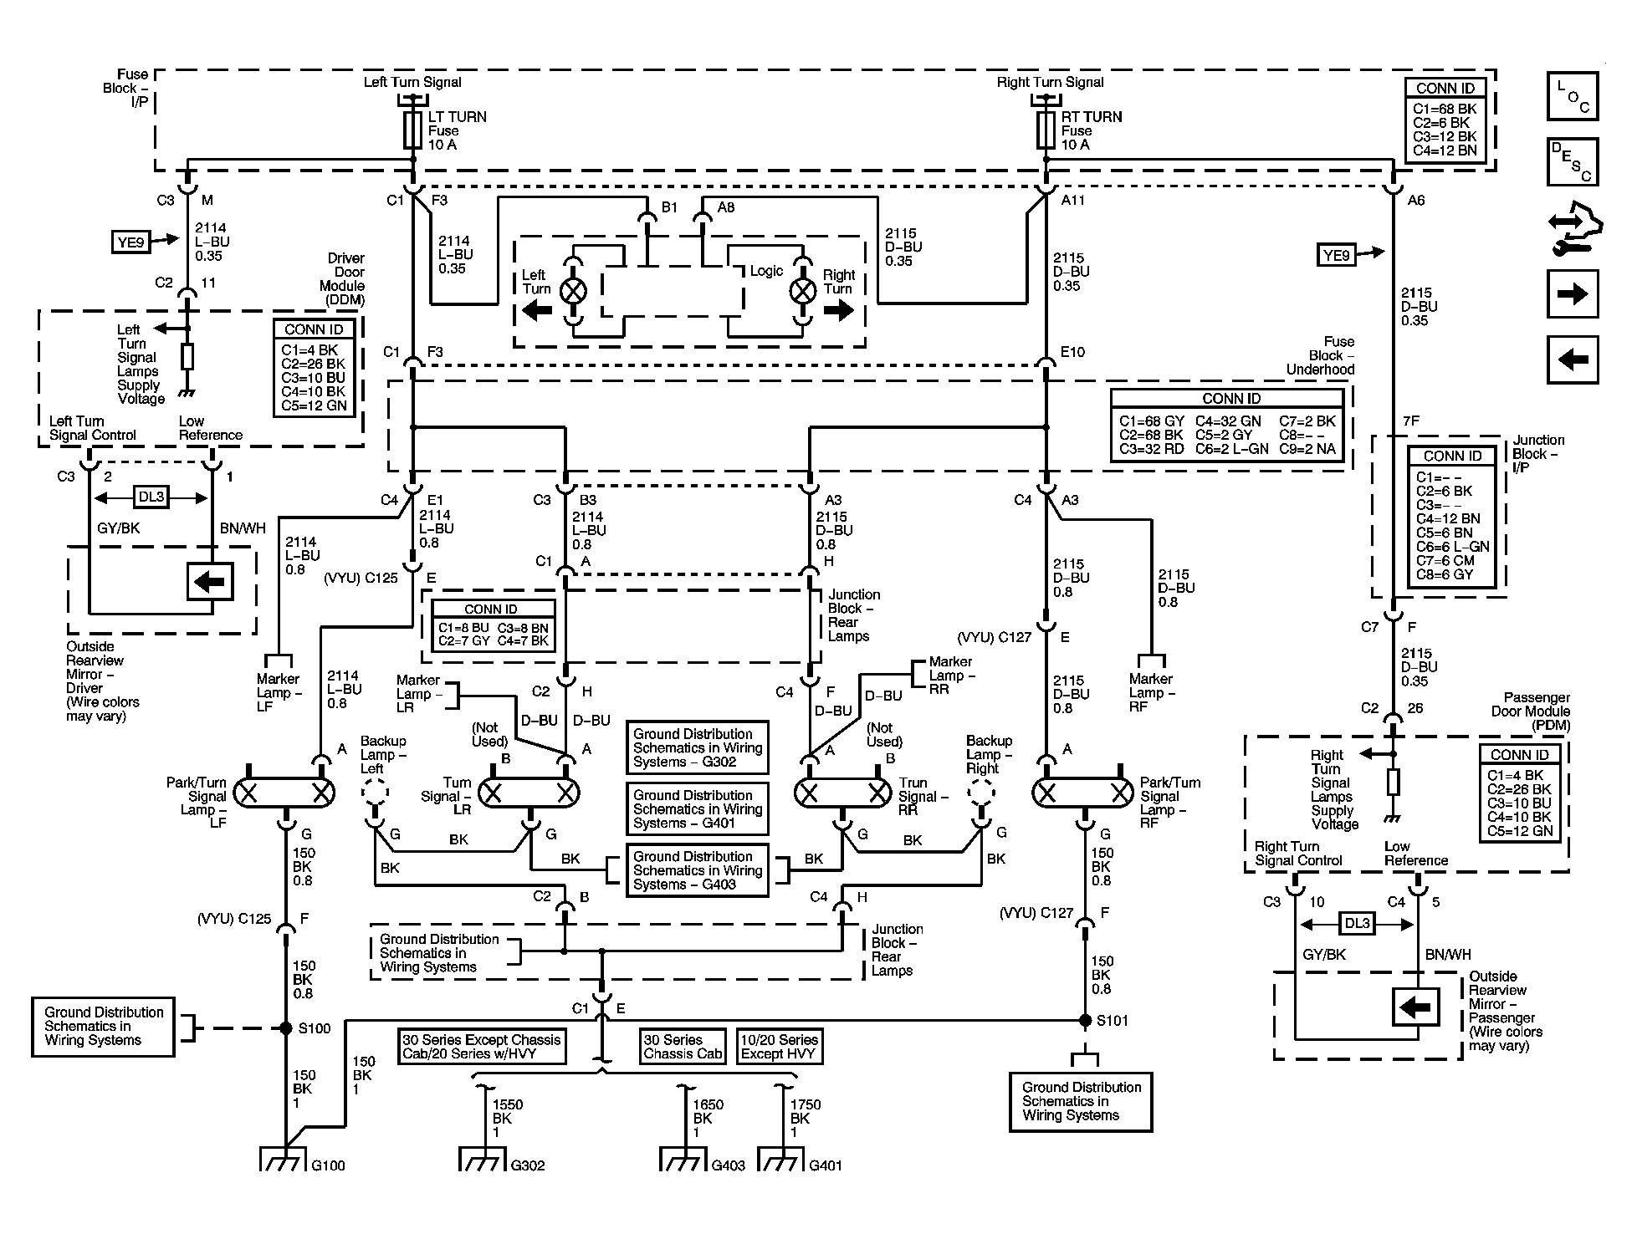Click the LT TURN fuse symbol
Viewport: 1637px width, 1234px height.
412,130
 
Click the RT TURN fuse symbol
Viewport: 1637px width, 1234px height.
1046,130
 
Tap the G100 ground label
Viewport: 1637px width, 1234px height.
328,1165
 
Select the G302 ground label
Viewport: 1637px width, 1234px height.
528,1165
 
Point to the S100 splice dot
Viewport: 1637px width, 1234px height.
286,1027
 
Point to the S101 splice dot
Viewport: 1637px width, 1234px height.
1085,1020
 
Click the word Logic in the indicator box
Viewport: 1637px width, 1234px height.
766,271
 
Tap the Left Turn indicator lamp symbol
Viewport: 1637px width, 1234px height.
573,291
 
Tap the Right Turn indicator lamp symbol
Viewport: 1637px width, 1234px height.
803,291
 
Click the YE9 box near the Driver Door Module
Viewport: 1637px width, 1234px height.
130,242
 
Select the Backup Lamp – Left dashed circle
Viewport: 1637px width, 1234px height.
376,791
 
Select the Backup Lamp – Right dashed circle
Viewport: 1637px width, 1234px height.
981,791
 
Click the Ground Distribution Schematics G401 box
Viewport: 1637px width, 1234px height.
698,808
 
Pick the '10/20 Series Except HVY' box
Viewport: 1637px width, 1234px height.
780,1046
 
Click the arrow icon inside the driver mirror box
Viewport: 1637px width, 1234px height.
209,581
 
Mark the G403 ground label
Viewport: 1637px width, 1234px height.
728,1165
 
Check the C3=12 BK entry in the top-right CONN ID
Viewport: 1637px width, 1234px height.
1445,136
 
